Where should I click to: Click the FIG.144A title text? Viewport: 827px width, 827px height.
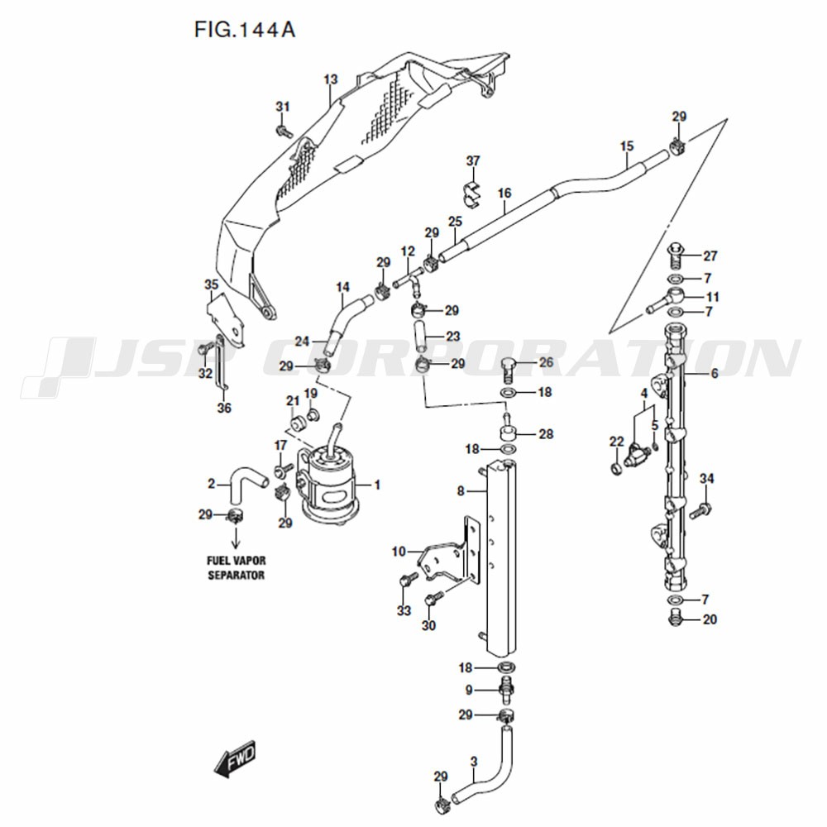244,30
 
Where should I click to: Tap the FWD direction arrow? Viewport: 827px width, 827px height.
235,759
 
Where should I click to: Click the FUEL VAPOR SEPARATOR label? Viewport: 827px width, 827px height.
236,567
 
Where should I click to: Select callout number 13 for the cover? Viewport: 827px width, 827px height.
331,79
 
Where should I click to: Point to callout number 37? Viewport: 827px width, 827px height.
473,160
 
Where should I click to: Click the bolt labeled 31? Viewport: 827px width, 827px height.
284,130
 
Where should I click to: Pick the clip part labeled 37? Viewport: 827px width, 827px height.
471,193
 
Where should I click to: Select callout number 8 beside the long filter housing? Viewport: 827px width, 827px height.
461,491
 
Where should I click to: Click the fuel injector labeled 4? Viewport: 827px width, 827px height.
637,454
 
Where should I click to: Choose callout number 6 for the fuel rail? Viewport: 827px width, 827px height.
715,374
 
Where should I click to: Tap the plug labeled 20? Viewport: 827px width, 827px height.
675,617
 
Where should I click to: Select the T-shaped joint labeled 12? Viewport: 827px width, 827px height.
409,280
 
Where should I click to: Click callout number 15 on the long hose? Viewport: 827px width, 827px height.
627,146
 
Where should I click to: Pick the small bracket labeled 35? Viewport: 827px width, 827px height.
226,319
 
